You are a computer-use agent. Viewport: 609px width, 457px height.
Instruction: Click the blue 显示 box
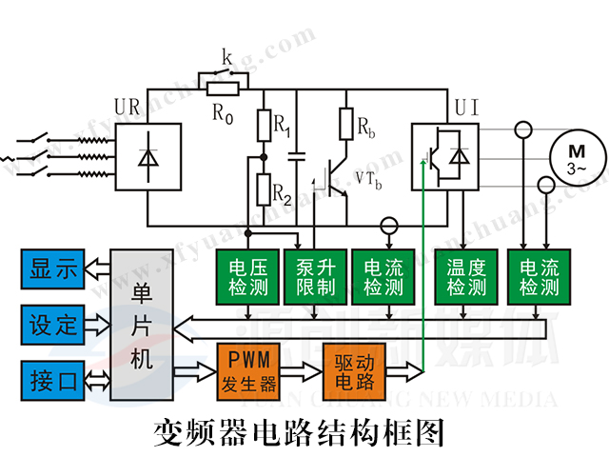click(x=53, y=269)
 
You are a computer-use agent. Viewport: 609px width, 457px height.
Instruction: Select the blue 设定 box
click(x=53, y=324)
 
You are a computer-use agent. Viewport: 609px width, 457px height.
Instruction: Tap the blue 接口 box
click(x=53, y=380)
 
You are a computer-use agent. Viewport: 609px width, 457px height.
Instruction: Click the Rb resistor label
click(x=367, y=126)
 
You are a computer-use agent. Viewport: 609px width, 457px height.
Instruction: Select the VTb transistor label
click(x=368, y=178)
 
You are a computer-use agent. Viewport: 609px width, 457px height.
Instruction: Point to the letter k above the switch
click(x=227, y=59)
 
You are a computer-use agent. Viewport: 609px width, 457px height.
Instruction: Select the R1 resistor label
click(x=282, y=124)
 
